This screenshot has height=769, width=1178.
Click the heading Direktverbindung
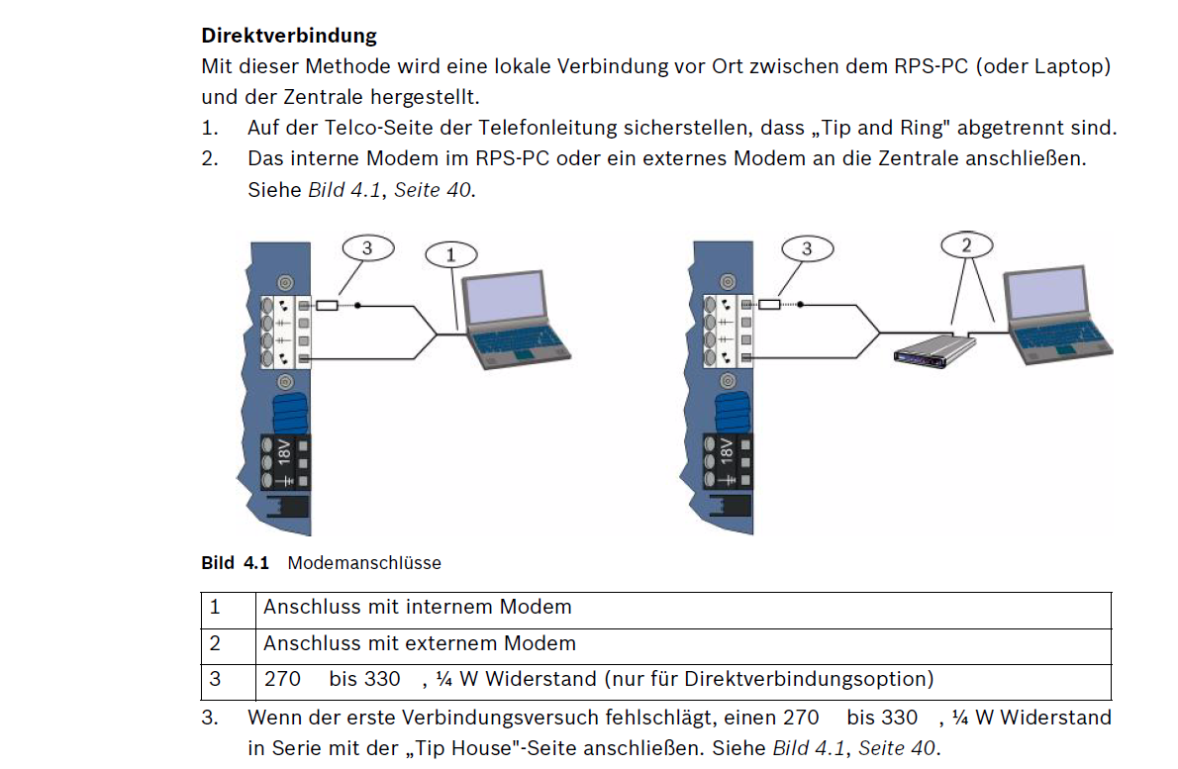point(289,36)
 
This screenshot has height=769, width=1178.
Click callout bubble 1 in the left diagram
point(451,254)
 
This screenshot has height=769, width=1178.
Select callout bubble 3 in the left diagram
point(367,248)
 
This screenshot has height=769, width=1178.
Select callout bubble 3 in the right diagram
point(807,248)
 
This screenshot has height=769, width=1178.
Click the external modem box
point(933,349)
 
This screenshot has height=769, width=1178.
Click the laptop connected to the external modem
point(1053,316)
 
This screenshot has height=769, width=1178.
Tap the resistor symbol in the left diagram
point(326,306)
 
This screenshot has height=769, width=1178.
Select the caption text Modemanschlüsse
point(364,563)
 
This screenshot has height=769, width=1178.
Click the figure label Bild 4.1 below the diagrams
point(236,563)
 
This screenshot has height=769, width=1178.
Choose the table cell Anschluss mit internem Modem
point(417,607)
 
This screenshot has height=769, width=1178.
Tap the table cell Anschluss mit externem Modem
point(419,643)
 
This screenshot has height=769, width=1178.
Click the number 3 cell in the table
point(215,679)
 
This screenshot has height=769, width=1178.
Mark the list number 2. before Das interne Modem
point(209,158)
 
